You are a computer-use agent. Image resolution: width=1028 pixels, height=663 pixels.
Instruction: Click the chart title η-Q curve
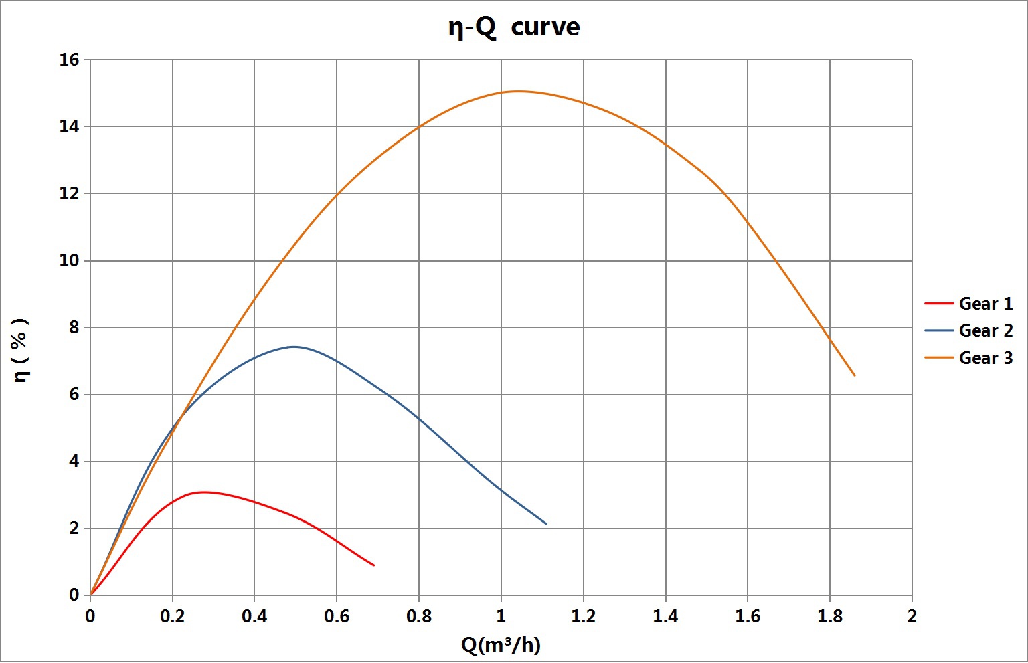(513, 27)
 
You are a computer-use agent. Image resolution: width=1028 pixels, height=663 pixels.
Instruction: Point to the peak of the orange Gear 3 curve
(518, 91)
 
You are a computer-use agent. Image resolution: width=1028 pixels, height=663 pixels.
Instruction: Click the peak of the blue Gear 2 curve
(294, 347)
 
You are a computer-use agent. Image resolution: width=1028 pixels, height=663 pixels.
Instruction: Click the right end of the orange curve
(855, 375)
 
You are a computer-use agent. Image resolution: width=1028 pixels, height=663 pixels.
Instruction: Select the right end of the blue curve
(546, 524)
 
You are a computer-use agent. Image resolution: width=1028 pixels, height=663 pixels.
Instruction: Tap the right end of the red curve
(373, 565)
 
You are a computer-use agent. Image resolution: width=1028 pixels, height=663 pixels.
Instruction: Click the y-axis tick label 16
(69, 60)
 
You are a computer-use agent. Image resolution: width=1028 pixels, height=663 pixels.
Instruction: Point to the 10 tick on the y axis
(69, 261)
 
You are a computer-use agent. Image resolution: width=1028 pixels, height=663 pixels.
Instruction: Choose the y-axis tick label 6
(74, 395)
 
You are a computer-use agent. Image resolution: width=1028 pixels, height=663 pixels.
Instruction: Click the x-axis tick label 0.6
(337, 616)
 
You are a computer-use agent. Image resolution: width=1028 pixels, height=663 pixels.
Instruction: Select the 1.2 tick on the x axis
(583, 616)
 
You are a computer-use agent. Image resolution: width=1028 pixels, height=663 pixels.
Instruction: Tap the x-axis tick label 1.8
(830, 616)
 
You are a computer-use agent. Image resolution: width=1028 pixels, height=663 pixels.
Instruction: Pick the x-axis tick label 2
(912, 616)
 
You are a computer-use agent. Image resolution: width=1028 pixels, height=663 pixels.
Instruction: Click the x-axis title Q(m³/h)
(501, 645)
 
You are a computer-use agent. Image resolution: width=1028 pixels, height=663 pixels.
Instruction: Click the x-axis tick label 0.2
(172, 616)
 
